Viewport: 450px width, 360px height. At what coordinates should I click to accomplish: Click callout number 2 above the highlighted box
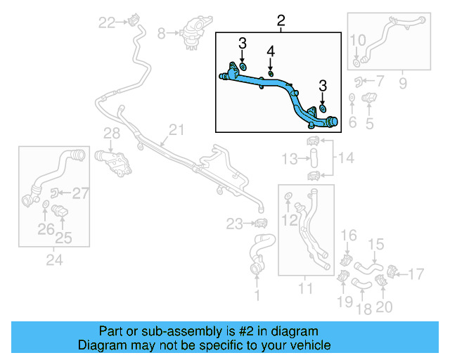click(281, 22)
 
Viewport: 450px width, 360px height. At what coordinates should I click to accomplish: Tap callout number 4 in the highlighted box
click(271, 51)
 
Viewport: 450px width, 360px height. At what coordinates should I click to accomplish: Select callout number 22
click(106, 22)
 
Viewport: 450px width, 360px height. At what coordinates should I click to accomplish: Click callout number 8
click(161, 32)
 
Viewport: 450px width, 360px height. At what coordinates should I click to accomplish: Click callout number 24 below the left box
click(54, 261)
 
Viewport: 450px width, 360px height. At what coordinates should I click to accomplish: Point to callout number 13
click(290, 160)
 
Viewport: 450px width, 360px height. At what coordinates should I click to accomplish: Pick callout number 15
click(377, 244)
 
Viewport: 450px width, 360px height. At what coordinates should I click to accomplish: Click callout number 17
click(416, 273)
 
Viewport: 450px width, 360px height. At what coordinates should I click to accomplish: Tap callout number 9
click(403, 84)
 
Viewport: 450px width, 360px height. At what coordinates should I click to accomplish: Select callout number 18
click(364, 307)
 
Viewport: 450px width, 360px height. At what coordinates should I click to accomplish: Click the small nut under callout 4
click(271, 72)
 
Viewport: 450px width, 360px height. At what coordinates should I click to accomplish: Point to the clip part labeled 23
click(262, 224)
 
